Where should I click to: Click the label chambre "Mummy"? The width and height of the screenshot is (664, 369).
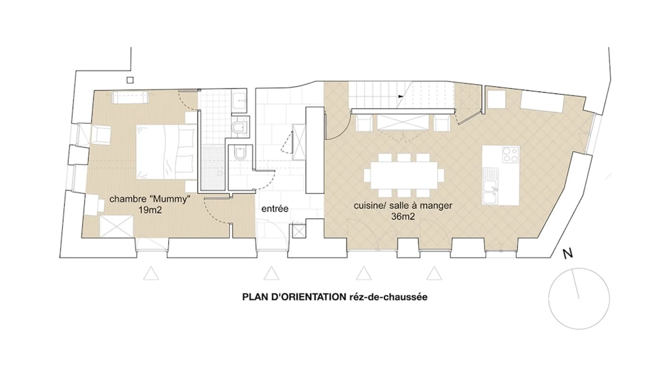[150, 199]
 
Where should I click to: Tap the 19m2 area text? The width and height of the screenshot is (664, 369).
[150, 210]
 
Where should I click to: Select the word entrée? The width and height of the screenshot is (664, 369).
[275, 209]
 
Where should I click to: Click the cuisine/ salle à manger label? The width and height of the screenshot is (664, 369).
[403, 206]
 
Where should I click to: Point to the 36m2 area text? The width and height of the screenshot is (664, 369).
[403, 216]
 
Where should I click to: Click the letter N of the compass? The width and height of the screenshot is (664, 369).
[568, 254]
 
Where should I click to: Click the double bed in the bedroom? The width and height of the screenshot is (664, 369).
[166, 152]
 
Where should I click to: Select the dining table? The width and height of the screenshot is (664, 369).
[404, 175]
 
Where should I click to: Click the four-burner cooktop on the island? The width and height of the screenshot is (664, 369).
[511, 155]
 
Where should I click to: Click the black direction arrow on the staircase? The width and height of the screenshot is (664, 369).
[401, 97]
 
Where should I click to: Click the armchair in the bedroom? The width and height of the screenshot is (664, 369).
[100, 135]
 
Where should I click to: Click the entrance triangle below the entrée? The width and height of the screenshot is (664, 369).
[272, 274]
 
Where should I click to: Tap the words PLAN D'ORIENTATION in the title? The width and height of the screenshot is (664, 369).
[294, 297]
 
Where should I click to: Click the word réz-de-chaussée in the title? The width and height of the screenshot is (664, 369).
[388, 297]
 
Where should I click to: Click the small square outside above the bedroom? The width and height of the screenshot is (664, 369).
[130, 80]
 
